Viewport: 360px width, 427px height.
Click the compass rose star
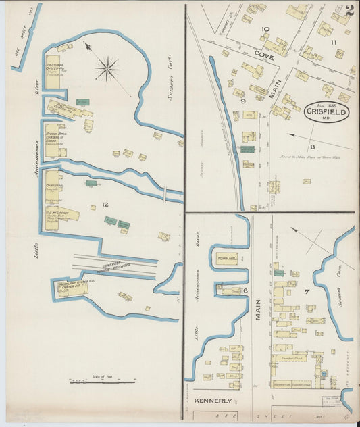(107, 68)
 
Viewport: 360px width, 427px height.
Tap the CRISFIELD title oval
(326, 111)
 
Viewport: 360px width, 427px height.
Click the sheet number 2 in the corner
(349, 11)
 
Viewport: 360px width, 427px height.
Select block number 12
(105, 204)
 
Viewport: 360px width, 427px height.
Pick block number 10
(265, 29)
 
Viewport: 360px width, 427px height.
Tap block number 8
(312, 147)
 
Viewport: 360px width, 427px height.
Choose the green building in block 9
(248, 149)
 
